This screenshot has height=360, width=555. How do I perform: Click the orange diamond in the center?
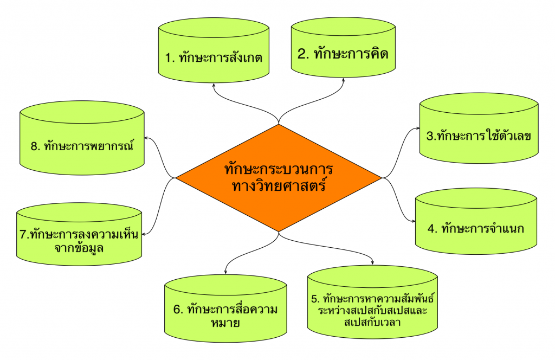(x=279, y=177)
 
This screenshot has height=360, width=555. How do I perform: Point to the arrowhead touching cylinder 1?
(x=214, y=86)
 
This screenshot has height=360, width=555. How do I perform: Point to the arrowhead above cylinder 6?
(x=225, y=269)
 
